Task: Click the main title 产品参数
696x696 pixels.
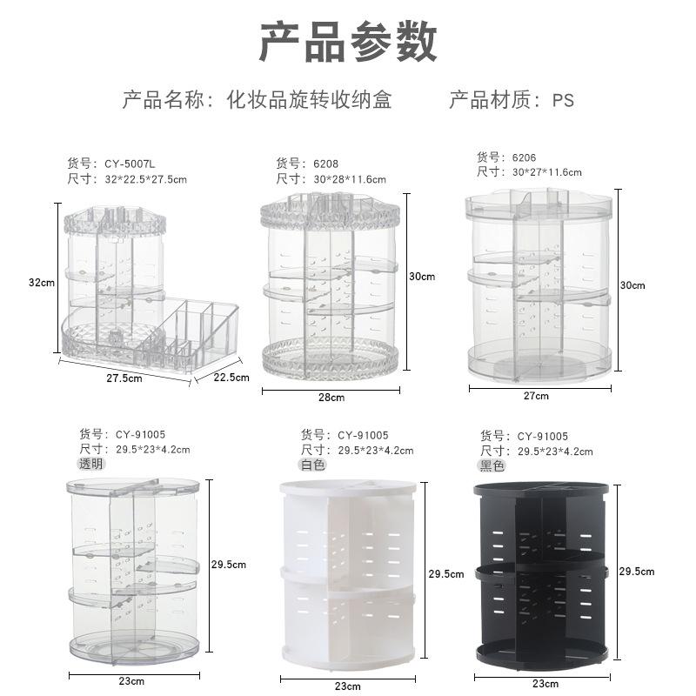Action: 348,43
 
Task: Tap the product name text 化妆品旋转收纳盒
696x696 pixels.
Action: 309,99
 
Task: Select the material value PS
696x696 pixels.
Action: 563,100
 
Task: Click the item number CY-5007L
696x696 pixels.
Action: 135,163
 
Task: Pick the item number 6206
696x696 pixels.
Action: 525,157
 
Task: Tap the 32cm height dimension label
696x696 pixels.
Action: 42,282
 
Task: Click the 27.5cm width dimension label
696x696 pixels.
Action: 124,378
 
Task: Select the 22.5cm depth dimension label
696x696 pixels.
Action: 231,377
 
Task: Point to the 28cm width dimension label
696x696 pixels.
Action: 331,398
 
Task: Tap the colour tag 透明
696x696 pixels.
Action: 91,464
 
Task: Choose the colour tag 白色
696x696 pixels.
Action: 313,465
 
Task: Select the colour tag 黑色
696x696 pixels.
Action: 493,465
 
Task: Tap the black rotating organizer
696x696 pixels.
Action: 542,574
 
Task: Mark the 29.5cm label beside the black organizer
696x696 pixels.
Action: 636,571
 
